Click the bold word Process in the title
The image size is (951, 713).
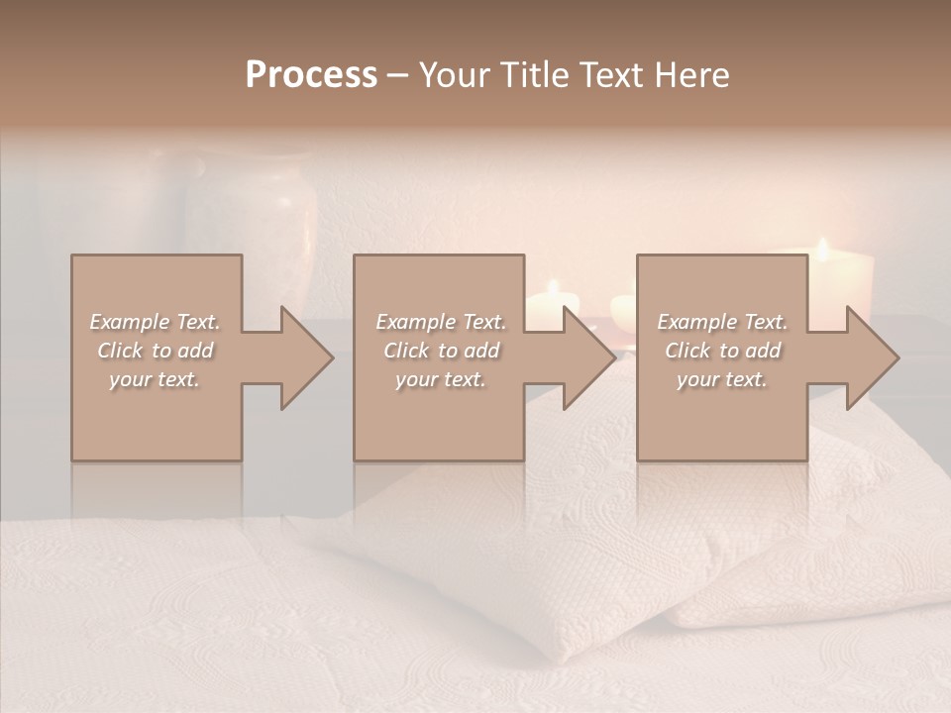click(311, 75)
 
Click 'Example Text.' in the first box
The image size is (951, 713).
click(155, 322)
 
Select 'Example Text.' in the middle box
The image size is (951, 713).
click(440, 322)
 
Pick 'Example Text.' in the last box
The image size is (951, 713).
click(722, 322)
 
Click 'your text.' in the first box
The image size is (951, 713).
click(155, 379)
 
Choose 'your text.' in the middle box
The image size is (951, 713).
click(440, 379)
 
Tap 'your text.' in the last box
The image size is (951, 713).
click(722, 379)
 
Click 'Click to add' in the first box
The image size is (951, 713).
click(155, 351)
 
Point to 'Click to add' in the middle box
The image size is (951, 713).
click(440, 351)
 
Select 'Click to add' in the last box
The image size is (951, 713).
click(722, 351)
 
